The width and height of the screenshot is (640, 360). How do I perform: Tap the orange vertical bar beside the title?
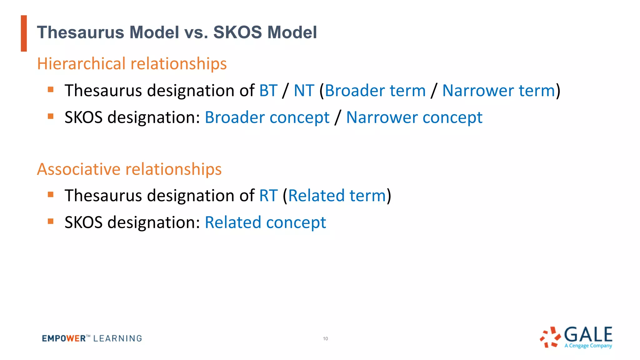click(x=24, y=33)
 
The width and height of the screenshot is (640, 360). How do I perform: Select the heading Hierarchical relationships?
click(x=132, y=64)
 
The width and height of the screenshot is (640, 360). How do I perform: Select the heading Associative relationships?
click(x=129, y=169)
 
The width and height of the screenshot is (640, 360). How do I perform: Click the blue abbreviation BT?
click(x=268, y=91)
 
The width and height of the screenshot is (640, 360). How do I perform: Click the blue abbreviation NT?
click(x=304, y=91)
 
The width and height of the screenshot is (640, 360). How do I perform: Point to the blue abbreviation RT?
click(x=268, y=196)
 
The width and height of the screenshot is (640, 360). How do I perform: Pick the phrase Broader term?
click(x=375, y=91)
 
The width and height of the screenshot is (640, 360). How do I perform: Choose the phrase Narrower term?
click(x=498, y=91)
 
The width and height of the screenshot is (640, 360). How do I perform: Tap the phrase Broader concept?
click(x=267, y=118)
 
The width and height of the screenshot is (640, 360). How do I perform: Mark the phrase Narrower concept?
click(x=414, y=118)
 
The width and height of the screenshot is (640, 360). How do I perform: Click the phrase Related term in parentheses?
click(x=337, y=196)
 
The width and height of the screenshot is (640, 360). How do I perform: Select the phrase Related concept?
click(x=265, y=223)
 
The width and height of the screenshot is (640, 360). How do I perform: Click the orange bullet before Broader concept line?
click(x=51, y=117)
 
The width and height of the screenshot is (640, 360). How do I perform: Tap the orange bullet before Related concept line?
click(x=51, y=222)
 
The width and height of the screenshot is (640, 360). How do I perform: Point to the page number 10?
click(x=325, y=339)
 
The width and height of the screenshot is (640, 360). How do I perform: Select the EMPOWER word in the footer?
click(x=64, y=338)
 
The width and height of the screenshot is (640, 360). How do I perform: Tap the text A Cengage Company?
click(x=588, y=346)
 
